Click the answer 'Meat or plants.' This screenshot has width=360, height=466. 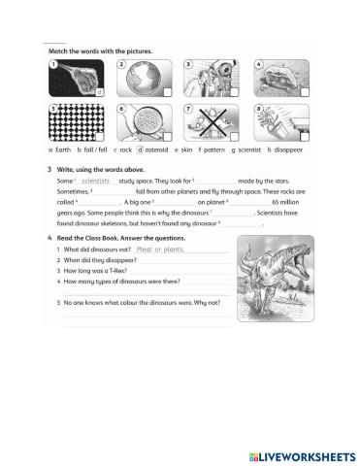click(x=161, y=250)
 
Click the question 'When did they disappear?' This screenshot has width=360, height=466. click(x=99, y=260)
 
